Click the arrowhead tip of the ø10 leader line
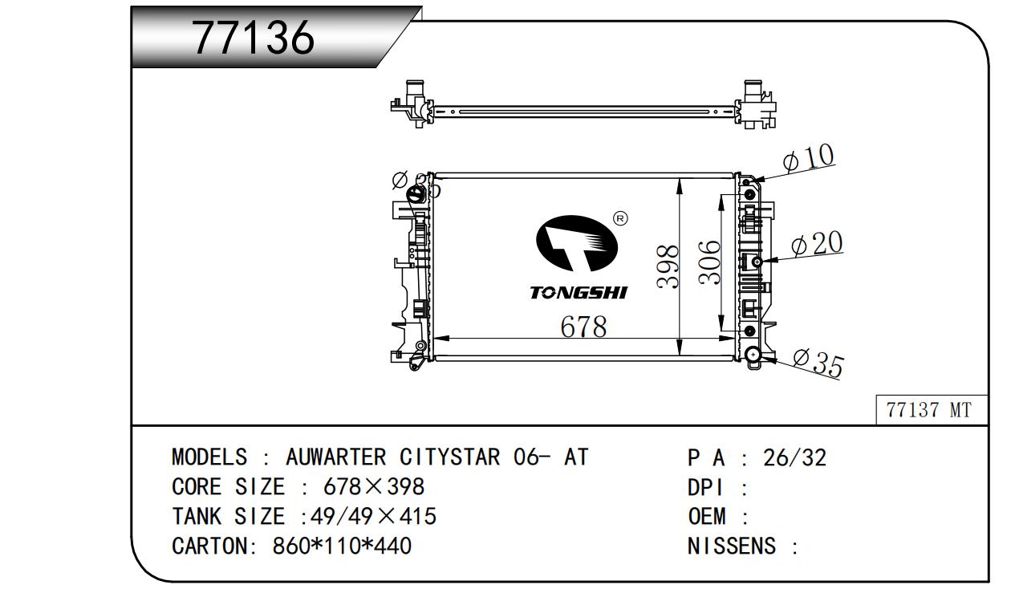753,181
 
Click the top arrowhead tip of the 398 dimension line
680,178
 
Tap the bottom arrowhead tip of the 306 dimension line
721,331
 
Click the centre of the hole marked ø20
757,262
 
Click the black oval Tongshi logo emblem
576,244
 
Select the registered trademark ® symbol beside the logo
620,219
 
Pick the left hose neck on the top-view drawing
412,93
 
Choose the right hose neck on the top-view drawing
752,93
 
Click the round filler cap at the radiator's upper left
416,197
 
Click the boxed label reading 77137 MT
931,410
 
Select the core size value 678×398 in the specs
374,486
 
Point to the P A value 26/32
794,457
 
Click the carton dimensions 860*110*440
342,546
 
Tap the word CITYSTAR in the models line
449,457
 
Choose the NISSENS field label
731,546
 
